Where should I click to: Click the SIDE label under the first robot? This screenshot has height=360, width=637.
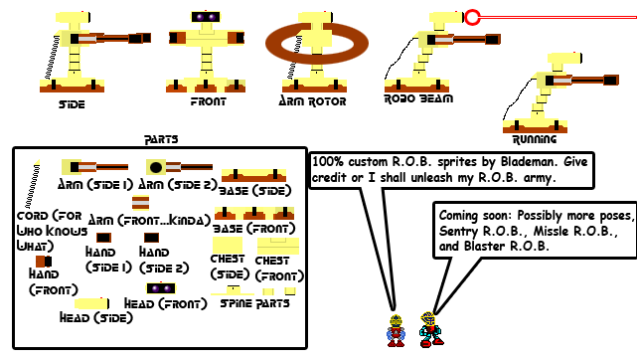[72, 104]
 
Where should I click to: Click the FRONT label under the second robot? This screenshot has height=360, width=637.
[208, 101]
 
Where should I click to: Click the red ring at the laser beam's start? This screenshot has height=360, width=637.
[473, 16]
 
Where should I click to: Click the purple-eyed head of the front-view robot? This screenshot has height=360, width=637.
[208, 18]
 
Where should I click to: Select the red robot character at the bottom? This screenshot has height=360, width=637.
[397, 329]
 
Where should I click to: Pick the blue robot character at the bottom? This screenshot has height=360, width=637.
[430, 328]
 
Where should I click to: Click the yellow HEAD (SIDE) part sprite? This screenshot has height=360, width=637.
[91, 302]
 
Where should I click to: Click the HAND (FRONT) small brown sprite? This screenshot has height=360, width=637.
[41, 262]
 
